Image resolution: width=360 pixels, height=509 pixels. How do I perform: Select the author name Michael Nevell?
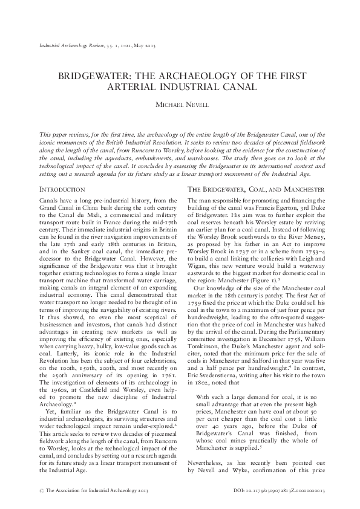click(180, 106)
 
